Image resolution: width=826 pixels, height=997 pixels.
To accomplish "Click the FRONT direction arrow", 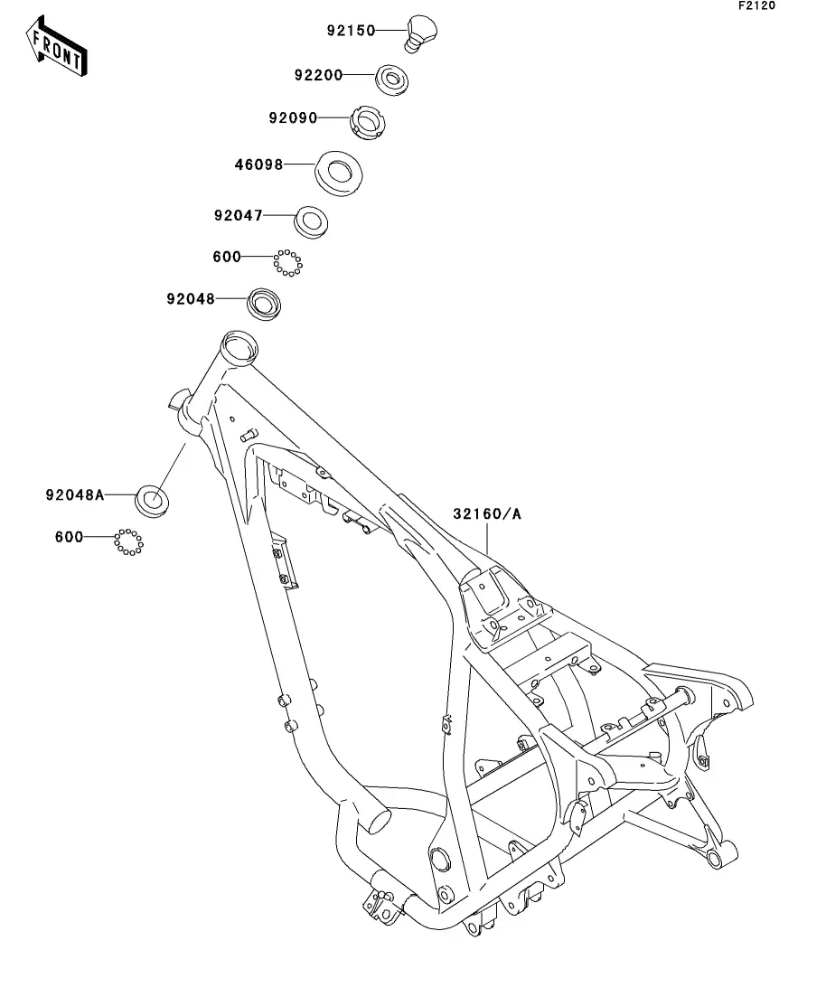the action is (x=56, y=46).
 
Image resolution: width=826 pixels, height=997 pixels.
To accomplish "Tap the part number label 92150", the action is (x=351, y=31).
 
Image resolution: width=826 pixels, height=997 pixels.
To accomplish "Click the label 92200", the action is (x=318, y=75).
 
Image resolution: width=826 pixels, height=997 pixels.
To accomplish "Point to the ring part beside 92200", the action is (x=391, y=80).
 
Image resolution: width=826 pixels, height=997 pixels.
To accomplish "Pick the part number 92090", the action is (x=293, y=118).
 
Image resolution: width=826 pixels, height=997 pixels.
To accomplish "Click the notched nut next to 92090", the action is (x=368, y=123).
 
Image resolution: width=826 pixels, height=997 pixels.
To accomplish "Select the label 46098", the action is (x=258, y=165).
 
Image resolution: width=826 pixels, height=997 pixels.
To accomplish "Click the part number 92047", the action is (x=238, y=215).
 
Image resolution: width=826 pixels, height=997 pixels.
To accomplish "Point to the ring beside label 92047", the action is (x=311, y=222).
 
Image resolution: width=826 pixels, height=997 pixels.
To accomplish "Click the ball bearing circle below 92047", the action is (x=288, y=263).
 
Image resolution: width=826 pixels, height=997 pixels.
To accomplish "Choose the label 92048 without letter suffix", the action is (x=191, y=299).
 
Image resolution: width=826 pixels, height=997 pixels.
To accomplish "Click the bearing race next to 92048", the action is (x=263, y=304).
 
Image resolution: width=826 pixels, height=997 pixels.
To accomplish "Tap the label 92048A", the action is (x=74, y=494).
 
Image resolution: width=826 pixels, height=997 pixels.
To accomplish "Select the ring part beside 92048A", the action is (x=153, y=501).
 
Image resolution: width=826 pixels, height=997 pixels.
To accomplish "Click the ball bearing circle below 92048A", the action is (x=129, y=542).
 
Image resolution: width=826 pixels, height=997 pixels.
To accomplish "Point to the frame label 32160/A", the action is (x=487, y=513).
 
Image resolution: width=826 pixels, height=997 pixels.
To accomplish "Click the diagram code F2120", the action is (x=756, y=5).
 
